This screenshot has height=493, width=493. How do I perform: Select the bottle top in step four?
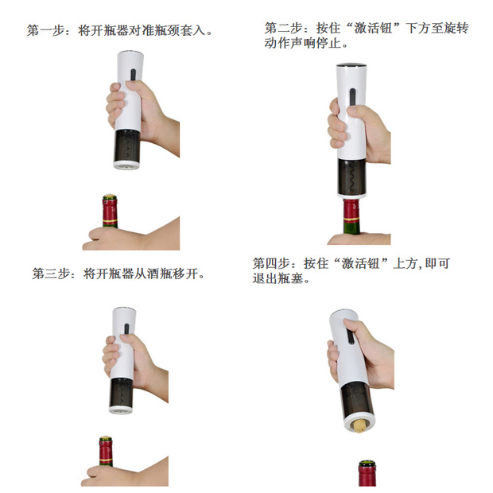366,465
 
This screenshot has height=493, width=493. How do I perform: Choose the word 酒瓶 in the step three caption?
156,274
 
